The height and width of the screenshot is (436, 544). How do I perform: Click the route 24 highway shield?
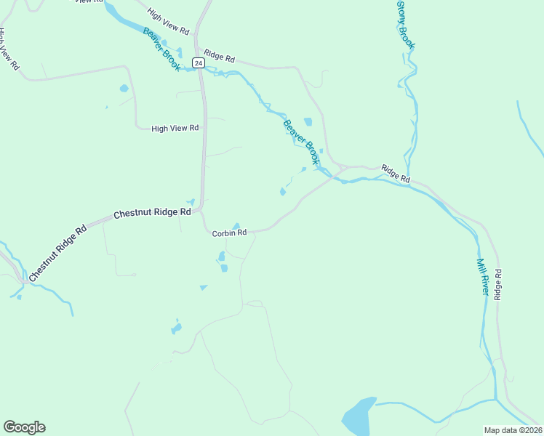pyautogui.click(x=198, y=63)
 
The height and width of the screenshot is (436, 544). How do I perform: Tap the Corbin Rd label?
pyautogui.click(x=229, y=233)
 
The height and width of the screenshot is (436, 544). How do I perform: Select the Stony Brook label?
pyautogui.click(x=406, y=25)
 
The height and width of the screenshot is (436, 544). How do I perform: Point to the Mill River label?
pyautogui.click(x=482, y=277)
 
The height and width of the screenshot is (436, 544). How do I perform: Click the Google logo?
pyautogui.click(x=24, y=427)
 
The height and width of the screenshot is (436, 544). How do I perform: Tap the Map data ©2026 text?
pyautogui.click(x=512, y=429)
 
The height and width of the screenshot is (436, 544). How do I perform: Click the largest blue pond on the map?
pyautogui.click(x=359, y=416)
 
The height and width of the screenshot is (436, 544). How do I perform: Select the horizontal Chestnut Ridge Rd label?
pyautogui.click(x=152, y=214)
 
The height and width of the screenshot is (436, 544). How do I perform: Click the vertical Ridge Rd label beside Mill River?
pyautogui.click(x=498, y=285)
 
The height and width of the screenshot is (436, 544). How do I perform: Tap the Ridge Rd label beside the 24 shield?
pyautogui.click(x=220, y=56)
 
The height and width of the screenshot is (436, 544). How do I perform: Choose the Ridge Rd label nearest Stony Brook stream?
pyautogui.click(x=396, y=174)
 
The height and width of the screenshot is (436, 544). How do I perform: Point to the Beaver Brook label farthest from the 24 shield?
pyautogui.click(x=301, y=141)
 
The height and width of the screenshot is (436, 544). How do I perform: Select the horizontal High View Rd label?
pyautogui.click(x=175, y=129)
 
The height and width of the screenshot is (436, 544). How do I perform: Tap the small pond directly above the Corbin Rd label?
pyautogui.click(x=236, y=225)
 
